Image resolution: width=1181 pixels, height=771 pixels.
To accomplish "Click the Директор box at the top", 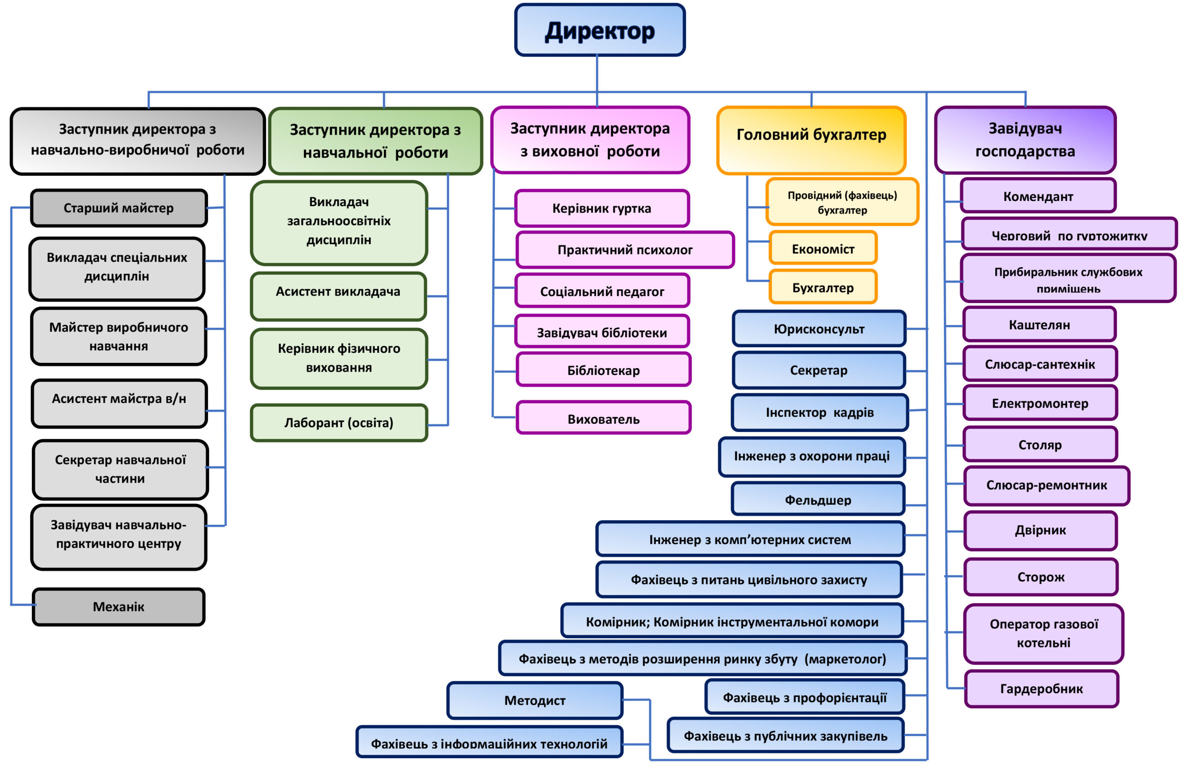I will pos(599,30).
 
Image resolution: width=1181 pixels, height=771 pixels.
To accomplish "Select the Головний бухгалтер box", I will pos(811,140).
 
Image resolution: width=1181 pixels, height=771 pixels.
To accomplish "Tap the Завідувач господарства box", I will pos(1025,140).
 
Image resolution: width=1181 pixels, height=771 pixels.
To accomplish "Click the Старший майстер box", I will pos(119,208).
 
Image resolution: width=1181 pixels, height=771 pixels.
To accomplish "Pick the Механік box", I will pos(119,607).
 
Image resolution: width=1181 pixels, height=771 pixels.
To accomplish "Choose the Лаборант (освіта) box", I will pos(339,423).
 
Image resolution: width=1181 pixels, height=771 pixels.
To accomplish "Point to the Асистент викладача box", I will pos(339,296).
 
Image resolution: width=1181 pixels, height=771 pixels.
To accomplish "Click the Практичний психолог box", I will pos(625,249).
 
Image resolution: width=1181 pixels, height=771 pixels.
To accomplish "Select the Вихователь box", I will pos(603,418).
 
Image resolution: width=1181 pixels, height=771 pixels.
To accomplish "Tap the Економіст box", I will pos(823,248).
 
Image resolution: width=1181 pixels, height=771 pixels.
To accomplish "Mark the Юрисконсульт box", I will pos(819,328).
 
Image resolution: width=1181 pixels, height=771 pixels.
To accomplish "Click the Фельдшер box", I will pos(818,498).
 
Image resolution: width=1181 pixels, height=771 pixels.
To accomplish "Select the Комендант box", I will pos(1038,196).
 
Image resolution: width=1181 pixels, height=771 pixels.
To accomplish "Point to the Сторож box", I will pos(1041,576).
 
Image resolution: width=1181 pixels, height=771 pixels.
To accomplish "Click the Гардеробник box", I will pos(1041,688).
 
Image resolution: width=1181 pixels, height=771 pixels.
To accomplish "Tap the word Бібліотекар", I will pos(603,370).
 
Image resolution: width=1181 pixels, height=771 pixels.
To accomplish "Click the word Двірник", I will pos(1040,530).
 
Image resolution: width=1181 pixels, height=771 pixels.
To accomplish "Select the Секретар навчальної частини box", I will pos(120,469).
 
